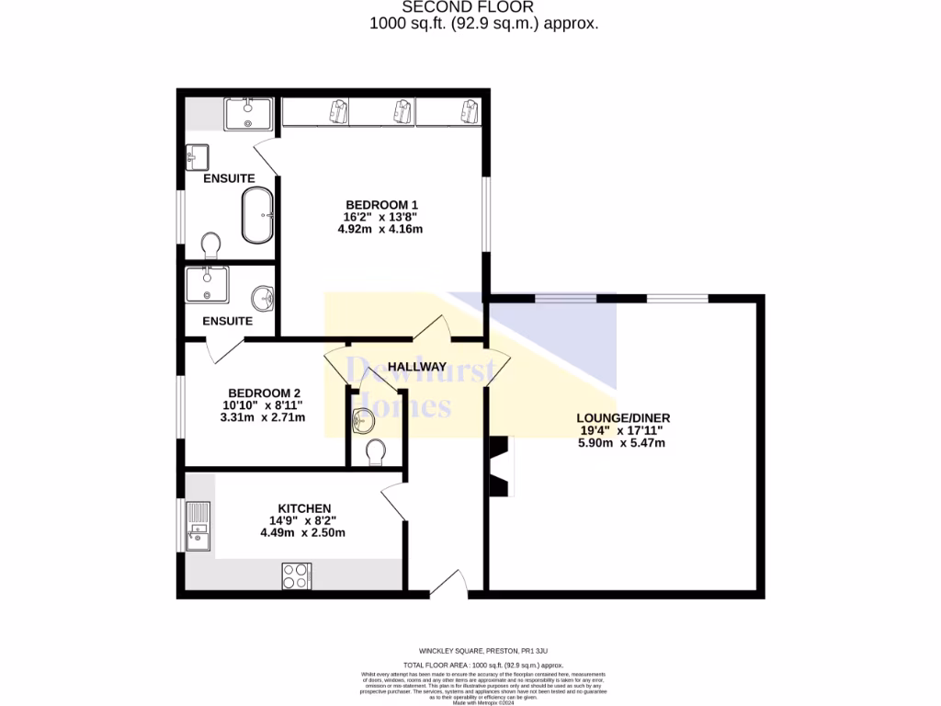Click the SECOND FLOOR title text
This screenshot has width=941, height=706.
[483, 7]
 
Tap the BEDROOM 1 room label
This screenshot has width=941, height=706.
[381, 204]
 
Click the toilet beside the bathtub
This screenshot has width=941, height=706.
[210, 245]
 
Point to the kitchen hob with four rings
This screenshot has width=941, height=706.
[296, 575]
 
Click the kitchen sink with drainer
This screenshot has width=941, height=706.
[198, 527]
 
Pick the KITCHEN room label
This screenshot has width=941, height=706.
[304, 508]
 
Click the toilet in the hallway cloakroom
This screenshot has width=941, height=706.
[375, 452]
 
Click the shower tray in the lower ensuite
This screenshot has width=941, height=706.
[207, 284]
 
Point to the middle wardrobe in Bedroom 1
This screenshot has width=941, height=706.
[382, 111]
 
